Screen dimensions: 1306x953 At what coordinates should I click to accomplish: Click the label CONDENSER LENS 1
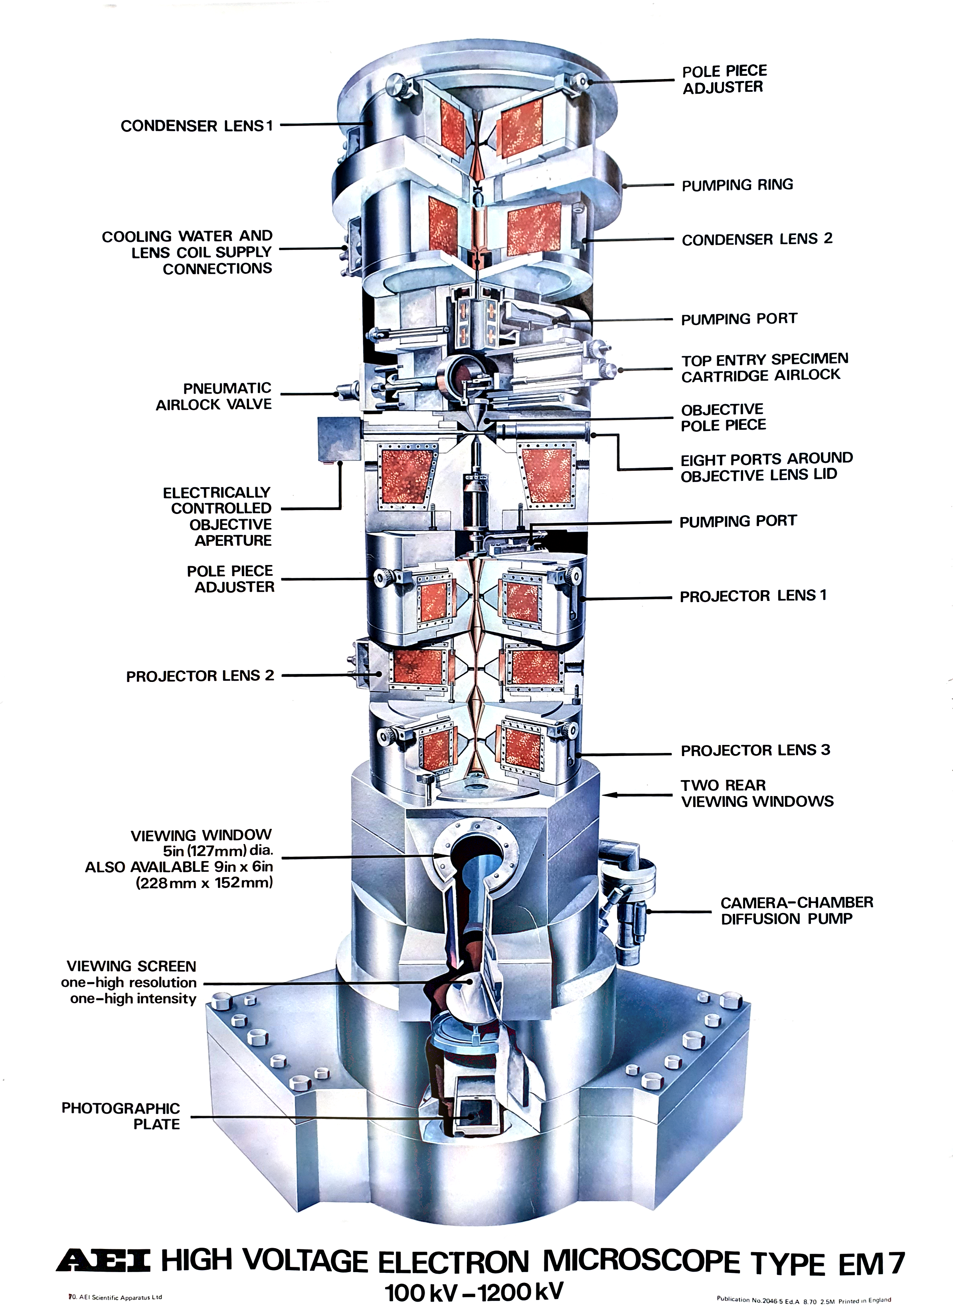[196, 126]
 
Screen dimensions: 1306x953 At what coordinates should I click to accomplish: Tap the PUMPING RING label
[737, 185]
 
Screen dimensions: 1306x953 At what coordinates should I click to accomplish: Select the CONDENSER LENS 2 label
[757, 239]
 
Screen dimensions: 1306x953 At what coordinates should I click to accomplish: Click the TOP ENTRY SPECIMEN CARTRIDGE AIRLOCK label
[764, 367]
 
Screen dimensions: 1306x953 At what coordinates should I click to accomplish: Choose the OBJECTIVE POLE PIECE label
[724, 417]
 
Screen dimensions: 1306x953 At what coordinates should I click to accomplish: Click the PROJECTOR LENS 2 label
[200, 676]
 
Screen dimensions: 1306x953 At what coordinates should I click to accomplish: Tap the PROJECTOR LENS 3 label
[755, 750]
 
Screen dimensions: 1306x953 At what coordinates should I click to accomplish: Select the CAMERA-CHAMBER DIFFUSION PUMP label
[796, 910]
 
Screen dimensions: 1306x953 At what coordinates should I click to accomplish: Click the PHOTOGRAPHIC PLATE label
[121, 1116]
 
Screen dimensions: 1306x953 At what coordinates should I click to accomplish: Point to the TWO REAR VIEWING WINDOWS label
[757, 793]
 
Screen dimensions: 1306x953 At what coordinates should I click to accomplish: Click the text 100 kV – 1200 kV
[474, 1292]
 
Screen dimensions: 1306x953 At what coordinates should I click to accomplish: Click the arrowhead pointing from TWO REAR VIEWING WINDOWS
[607, 795]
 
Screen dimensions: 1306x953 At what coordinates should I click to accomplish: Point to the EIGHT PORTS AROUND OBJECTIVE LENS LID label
[766, 467]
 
